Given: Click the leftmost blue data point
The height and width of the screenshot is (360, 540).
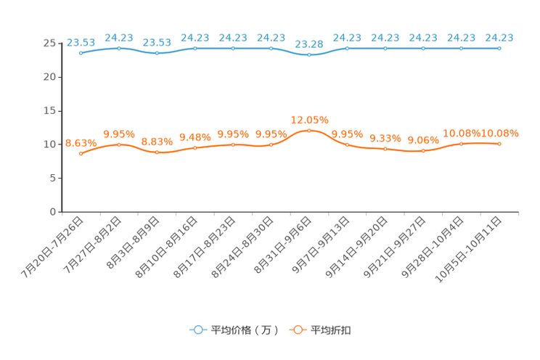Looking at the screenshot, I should pos(81,53).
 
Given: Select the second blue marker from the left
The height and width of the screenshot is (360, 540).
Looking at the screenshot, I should pos(119,48).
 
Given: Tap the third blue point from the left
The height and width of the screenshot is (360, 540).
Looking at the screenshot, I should pos(157,54).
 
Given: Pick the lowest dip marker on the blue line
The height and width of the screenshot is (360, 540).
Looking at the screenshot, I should pos(309,54).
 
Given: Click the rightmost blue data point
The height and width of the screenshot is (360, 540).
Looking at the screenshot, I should pos(499,48).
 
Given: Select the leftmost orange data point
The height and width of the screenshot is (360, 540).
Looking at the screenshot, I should pos(81,154).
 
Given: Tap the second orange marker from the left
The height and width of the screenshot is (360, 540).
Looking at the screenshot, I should pos(119,144).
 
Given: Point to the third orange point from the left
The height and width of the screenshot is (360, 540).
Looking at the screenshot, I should pos(157,152).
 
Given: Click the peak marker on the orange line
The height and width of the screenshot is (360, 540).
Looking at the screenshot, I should pos(309,131).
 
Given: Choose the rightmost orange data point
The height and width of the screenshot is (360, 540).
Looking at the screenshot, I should pos(499,144).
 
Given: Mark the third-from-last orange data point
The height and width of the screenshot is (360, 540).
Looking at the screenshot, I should pos(423,151).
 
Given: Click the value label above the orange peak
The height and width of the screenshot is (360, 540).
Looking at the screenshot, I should pos(309,119).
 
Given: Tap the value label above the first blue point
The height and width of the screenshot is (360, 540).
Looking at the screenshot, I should pos(80,42).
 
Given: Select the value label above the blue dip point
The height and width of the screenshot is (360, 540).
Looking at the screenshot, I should pos(309,44).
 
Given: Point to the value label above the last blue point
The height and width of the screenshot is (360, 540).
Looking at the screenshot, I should pos(499,37).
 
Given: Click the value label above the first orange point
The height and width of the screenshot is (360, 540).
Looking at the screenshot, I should pos(80,143).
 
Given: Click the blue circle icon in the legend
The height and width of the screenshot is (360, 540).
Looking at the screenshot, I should pos(198,330).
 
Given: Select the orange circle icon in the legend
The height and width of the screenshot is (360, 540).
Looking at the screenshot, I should pos(297,330).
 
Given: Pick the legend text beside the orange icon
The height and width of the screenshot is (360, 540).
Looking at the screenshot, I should pos(332,330).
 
